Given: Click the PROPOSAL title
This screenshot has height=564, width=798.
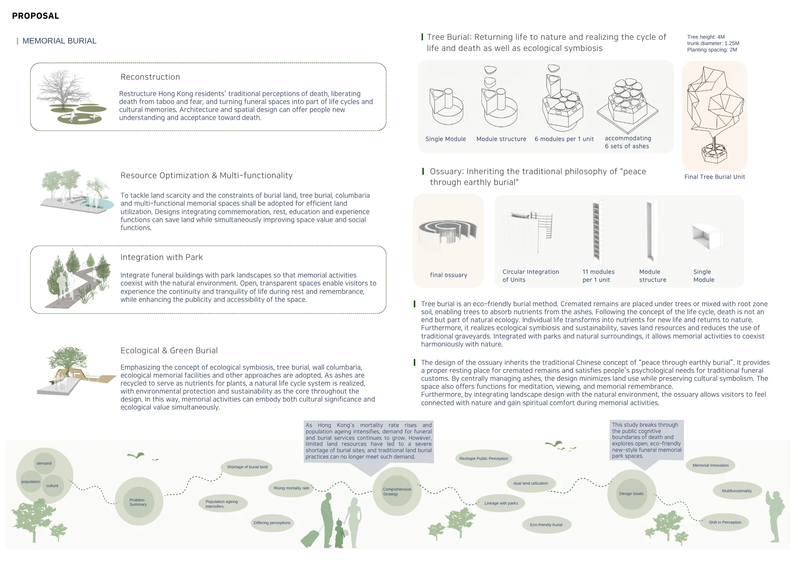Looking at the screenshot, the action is tap(36, 16).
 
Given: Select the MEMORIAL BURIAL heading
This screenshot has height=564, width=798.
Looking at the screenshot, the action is tap(59, 41).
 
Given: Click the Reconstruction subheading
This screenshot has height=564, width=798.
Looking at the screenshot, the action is tap(150, 77).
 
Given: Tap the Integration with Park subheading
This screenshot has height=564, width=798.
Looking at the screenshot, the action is tap(162, 257).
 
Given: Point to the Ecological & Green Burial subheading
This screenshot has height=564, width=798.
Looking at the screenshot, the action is tap(169, 351).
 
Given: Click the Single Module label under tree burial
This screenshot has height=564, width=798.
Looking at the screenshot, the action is tap(446, 139).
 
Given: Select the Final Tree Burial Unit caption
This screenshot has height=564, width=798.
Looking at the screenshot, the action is tap(715, 177).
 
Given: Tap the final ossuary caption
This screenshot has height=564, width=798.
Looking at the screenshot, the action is tap(448, 275).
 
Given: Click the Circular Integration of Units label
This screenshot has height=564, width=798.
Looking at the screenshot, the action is tap(531, 276).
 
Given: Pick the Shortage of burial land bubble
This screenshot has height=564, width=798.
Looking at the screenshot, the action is tap(247, 467).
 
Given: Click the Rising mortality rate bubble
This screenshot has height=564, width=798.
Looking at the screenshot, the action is tap(291, 488).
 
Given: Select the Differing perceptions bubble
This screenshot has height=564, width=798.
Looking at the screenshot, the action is tap(272, 523).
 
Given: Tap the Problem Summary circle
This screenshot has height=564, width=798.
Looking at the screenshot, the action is tap(139, 501).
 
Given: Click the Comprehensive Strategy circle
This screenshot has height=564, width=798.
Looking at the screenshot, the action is tap(397, 491).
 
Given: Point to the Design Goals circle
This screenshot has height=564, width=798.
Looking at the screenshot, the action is tap(632, 494).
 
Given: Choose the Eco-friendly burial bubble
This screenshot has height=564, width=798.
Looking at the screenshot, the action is tap(546, 525).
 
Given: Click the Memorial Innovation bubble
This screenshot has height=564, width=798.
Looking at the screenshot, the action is tap(711, 465).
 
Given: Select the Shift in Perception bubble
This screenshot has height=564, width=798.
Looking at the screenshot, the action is tap(725, 523).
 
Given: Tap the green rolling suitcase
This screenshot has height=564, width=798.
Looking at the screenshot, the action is tap(310, 538).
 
